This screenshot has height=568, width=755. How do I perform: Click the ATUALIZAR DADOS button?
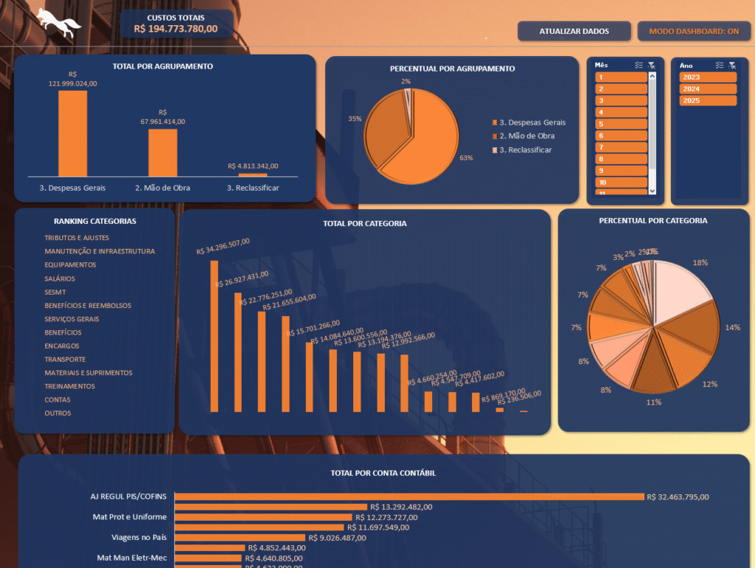tap(574, 31)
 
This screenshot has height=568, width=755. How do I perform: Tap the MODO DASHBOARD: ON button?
tap(694, 31)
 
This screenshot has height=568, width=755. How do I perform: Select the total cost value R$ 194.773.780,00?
tap(175, 29)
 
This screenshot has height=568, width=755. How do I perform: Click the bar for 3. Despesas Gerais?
tap(73, 133)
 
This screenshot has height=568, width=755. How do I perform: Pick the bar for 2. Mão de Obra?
tap(163, 152)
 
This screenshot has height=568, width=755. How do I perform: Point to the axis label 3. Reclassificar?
tap(253, 188)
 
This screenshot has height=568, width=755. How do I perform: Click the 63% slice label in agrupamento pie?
tap(465, 158)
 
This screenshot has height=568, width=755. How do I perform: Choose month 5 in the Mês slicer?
tap(621, 124)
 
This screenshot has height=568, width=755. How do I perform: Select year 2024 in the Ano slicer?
tap(708, 88)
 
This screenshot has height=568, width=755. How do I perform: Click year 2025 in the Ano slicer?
tap(708, 100)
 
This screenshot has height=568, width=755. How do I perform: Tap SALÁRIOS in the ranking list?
tap(60, 278)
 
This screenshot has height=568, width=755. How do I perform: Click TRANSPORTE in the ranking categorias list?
tap(64, 360)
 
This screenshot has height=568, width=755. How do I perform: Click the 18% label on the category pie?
tap(700, 262)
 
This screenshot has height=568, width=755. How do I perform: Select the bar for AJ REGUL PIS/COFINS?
tap(408, 497)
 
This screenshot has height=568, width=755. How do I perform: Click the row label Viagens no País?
tap(139, 537)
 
